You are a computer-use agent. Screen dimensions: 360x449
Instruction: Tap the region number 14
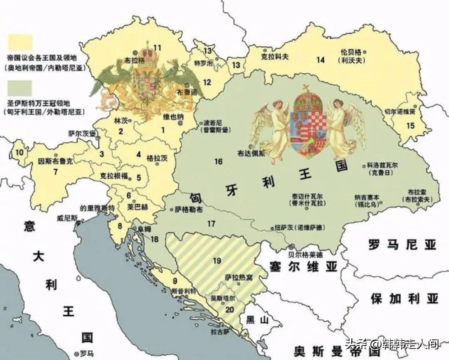[320, 60]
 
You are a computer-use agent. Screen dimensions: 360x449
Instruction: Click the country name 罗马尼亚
[402, 245]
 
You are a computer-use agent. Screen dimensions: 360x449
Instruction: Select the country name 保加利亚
[405, 298]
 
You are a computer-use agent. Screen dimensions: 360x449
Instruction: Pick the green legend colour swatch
[20, 88]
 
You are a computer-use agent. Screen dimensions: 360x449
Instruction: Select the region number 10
[19, 152]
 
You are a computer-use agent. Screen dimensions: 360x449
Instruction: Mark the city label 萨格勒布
[189, 210]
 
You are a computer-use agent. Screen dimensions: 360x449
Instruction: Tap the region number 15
[410, 126]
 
